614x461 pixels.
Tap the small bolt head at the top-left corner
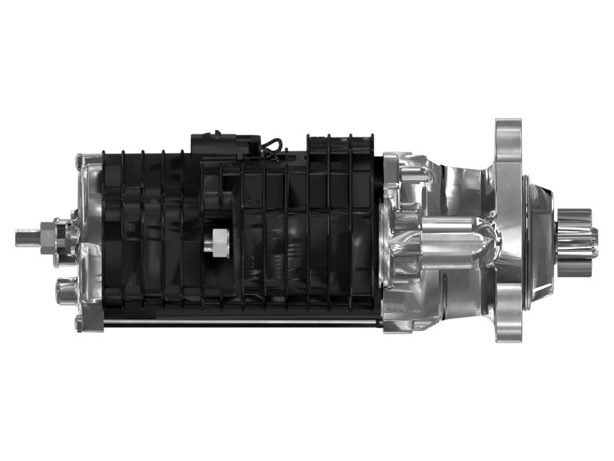pos(78,161)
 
